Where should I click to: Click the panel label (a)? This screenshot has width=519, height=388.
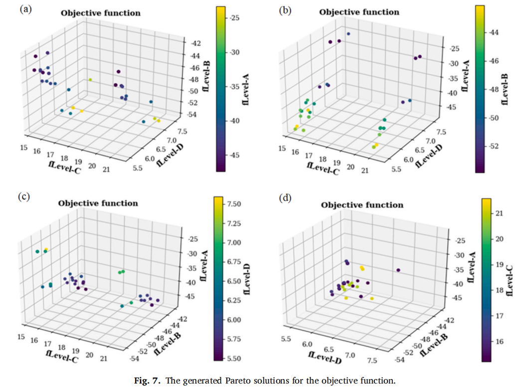24,9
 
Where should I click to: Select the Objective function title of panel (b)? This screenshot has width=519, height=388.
359,11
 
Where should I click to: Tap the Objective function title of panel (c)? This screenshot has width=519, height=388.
98,203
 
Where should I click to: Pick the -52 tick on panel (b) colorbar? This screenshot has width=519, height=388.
499,146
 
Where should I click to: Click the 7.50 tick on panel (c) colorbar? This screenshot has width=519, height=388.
234,204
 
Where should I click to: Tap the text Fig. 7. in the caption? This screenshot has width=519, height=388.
148,381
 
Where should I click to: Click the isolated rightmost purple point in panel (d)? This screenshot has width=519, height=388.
398,270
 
